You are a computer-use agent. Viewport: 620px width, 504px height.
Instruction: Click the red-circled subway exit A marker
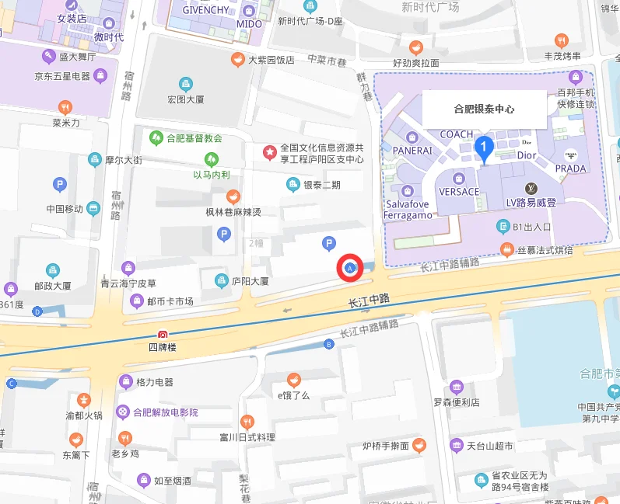coord(349,268)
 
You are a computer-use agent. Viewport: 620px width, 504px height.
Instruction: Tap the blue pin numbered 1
coord(484,147)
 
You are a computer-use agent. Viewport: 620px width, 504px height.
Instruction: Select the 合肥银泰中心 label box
coord(484,109)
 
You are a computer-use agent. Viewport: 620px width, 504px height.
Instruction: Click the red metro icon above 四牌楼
coord(163,334)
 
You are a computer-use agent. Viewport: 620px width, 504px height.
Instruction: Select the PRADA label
coord(570,169)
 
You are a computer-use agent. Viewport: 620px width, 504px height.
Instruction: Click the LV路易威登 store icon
coord(533,189)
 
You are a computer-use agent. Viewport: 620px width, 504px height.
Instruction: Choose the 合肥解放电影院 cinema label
coord(165,412)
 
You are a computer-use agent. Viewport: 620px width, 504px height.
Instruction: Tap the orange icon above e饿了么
coord(293,380)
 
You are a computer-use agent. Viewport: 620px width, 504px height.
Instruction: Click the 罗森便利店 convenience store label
coord(457,402)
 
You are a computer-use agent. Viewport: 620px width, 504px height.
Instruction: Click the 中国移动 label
coord(65,209)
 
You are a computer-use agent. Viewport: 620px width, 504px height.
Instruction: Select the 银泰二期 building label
coord(321,185)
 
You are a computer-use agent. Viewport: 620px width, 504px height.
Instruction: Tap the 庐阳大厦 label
coord(250,281)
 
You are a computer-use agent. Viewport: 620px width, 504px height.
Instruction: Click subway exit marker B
coord(328,344)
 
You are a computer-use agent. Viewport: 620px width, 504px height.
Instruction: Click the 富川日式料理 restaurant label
coord(247,437)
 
